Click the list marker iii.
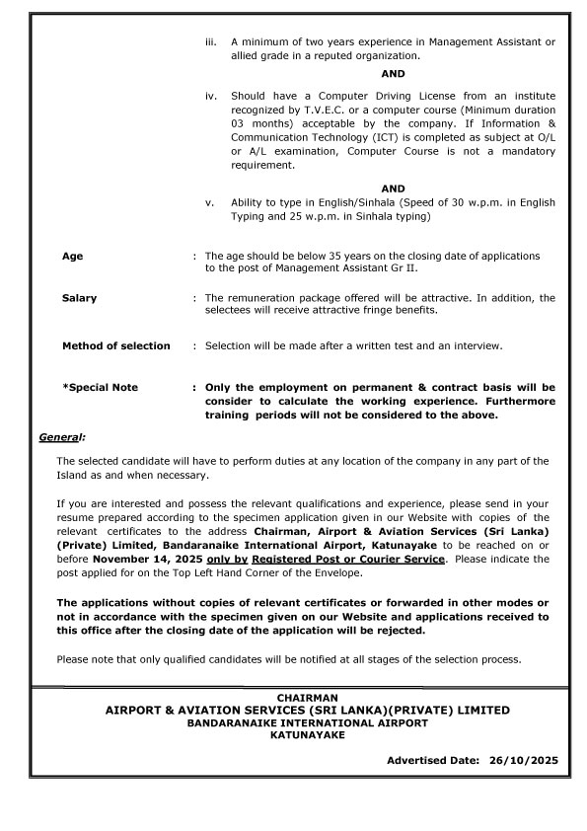click(209, 42)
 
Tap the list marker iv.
click(209, 96)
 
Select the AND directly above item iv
click(393, 74)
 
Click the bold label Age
click(73, 256)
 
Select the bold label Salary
click(80, 298)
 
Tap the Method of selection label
click(116, 345)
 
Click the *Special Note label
click(100, 388)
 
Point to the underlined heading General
click(61, 436)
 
